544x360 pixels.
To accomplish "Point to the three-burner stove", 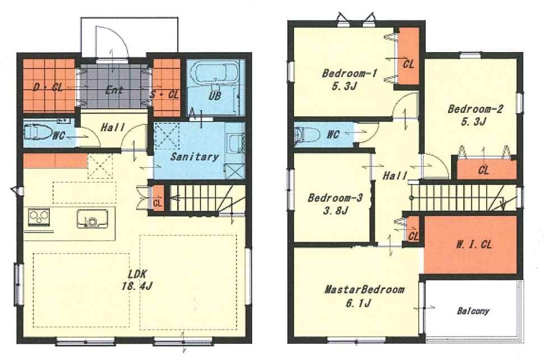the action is click(39, 218).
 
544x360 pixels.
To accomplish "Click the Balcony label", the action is click(473, 311).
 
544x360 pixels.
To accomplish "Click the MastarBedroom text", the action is click(364, 289).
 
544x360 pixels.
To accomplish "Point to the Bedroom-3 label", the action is click(335, 198).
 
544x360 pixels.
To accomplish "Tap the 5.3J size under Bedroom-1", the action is click(344, 86).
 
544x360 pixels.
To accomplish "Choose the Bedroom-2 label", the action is click(475, 109).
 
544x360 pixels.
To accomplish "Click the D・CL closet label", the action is click(48, 87).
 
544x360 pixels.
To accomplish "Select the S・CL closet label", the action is click(165, 94).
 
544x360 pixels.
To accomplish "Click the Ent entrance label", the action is click(114, 90).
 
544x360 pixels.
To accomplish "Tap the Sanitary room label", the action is click(194, 157).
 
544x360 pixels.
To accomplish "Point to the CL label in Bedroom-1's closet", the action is click(408, 64).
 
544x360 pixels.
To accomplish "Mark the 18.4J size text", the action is click(137, 287).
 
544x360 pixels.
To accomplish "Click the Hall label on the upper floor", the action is click(395, 176).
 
